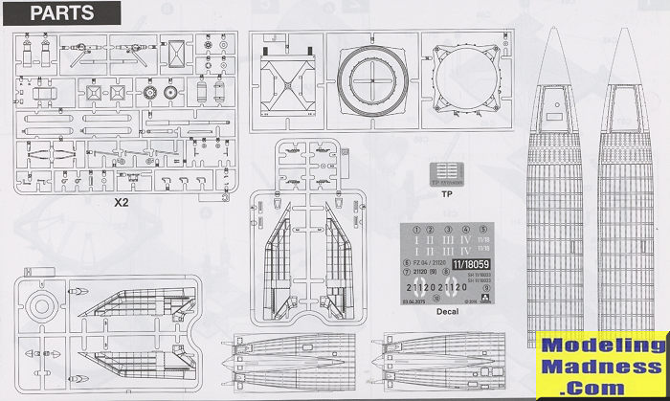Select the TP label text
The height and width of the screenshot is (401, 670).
(x=446, y=192)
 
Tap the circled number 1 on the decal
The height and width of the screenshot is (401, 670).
(x=413, y=231)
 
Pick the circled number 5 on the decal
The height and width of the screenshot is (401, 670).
(x=483, y=231)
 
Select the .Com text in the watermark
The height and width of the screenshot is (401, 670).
(x=602, y=385)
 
